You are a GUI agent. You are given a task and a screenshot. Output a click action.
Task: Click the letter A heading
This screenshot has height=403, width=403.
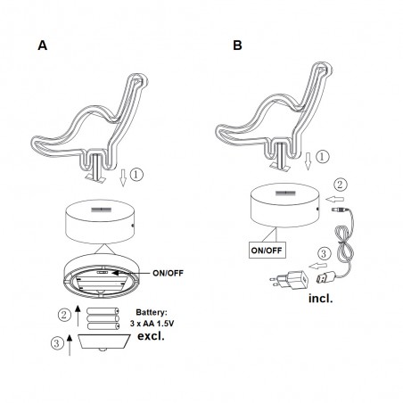point(43,45)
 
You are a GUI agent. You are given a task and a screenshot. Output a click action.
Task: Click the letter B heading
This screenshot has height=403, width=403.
point(237,45)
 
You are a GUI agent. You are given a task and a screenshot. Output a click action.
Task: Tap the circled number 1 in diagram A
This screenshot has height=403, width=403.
point(136,175)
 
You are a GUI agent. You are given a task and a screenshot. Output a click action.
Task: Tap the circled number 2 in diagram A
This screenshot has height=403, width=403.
point(64,315)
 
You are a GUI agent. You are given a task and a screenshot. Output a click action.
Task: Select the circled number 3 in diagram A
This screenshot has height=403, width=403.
point(56,343)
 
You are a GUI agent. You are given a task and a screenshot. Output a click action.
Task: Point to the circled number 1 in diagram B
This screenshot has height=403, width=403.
point(322,157)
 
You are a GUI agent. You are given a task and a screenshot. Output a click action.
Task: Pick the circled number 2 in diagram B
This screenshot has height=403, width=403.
point(340,185)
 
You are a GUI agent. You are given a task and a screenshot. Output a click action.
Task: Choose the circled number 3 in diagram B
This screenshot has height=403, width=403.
point(324,253)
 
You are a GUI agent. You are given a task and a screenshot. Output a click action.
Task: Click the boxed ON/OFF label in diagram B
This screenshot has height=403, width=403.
point(267,251)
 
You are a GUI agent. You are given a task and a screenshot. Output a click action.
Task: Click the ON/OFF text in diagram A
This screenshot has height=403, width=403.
point(168,273)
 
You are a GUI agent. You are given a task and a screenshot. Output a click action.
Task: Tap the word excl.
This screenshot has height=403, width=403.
point(151,336)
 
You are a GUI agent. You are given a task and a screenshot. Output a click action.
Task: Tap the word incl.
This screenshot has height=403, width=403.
point(321,298)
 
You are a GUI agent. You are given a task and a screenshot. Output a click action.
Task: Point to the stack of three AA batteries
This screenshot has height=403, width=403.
point(103,319)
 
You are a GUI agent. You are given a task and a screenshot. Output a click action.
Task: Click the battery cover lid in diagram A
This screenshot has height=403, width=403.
point(104,341)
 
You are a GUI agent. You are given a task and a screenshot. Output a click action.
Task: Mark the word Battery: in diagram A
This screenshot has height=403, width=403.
point(152,312)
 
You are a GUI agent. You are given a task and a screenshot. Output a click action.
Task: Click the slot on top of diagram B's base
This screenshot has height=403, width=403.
point(285,193)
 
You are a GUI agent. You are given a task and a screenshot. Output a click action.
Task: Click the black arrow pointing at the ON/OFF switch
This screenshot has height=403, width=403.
point(132,273)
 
